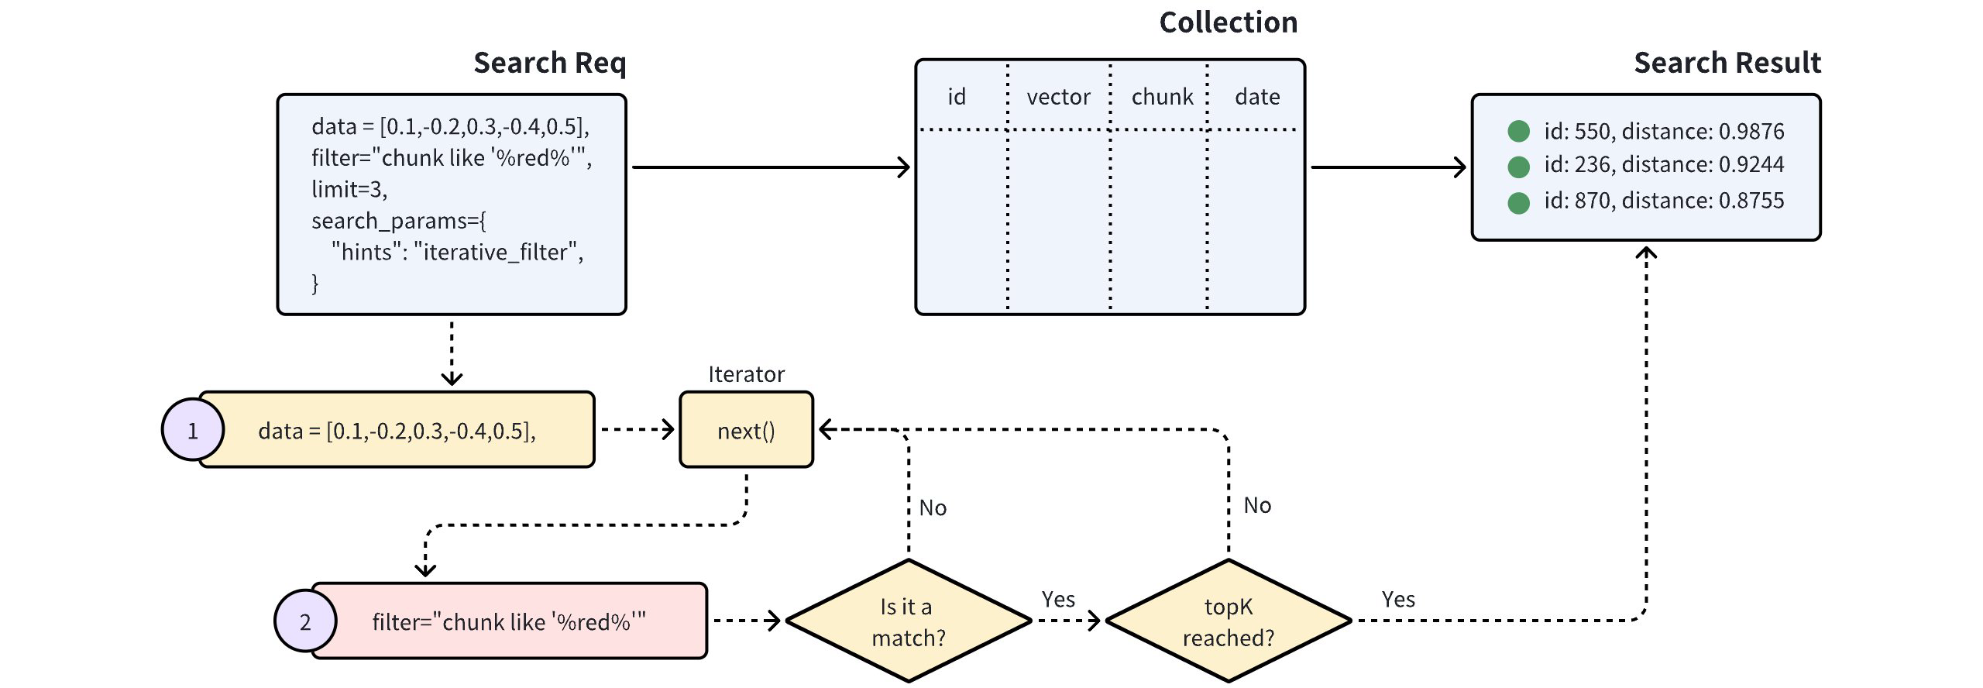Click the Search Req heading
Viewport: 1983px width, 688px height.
[x=549, y=63]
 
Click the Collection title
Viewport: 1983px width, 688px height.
[x=1228, y=22]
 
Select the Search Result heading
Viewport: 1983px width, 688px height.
[x=1727, y=63]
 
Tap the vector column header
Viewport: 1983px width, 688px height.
[x=1058, y=97]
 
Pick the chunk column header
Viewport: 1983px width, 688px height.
[x=1162, y=97]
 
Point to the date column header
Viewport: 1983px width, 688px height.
[x=1256, y=97]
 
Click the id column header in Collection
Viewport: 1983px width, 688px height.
[x=957, y=97]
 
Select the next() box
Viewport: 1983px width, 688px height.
[x=746, y=430]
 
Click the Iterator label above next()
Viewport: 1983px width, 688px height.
[x=746, y=374]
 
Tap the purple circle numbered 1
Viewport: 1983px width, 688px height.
[x=192, y=430]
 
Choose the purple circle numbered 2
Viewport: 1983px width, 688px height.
[x=305, y=621]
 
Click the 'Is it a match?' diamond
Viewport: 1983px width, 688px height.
[x=908, y=621]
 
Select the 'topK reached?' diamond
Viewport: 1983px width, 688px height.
[x=1228, y=621]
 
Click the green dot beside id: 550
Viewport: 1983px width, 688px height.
[x=1518, y=131]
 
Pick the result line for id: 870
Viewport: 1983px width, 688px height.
[x=1663, y=201]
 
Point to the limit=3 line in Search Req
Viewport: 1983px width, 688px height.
[x=349, y=189]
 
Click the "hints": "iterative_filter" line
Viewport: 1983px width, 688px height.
[x=457, y=252]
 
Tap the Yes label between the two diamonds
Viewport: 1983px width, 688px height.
[x=1058, y=599]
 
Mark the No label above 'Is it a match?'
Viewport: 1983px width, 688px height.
[x=933, y=507]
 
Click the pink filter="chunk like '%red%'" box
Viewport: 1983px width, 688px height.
[x=509, y=621]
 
